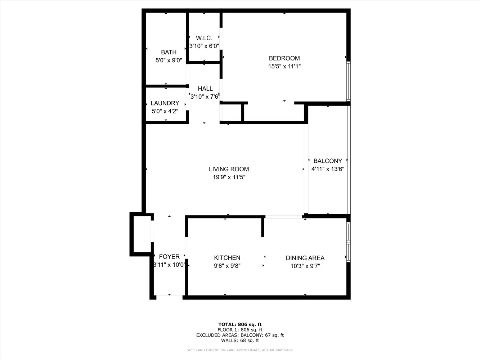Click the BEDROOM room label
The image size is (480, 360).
[x=284, y=58]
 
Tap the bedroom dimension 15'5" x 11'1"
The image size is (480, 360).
[x=284, y=66]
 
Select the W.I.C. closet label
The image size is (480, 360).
[x=204, y=38]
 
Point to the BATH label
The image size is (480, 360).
[x=169, y=53]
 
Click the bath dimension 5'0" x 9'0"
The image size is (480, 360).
[x=169, y=60]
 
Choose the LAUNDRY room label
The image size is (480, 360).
[x=165, y=103]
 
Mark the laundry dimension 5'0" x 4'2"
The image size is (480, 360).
[x=165, y=111]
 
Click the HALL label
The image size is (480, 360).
[x=205, y=89]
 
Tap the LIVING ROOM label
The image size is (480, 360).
[x=229, y=169]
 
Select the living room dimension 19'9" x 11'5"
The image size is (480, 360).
[x=229, y=177]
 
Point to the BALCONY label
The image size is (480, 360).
[x=328, y=161]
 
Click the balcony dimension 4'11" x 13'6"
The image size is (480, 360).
[x=328, y=169]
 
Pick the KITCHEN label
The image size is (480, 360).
[x=227, y=258]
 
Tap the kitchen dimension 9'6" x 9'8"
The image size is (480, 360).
[x=227, y=266]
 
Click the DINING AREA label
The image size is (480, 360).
[x=305, y=258]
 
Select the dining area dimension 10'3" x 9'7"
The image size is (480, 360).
[x=305, y=266]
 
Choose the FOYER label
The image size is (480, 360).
[x=169, y=257]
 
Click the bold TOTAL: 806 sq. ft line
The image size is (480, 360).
[x=240, y=324]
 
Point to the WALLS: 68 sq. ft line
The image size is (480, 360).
[x=240, y=340]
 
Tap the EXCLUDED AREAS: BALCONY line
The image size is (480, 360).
[x=240, y=335]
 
